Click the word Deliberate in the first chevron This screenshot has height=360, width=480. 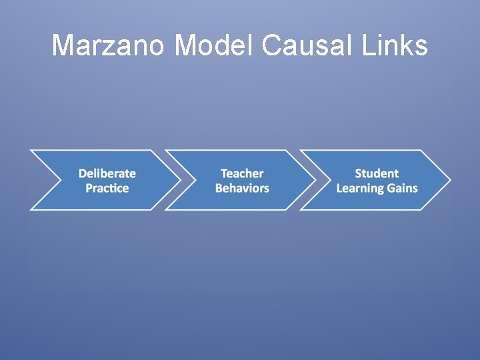pyautogui.click(x=107, y=173)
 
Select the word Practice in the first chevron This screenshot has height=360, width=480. pyautogui.click(x=107, y=188)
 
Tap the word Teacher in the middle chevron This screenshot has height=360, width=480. pyautogui.click(x=242, y=173)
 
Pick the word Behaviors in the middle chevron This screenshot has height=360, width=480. pyautogui.click(x=242, y=188)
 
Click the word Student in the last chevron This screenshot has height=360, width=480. pyautogui.click(x=377, y=173)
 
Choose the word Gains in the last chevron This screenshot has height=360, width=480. pyautogui.click(x=403, y=188)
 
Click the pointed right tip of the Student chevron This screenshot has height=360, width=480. pyautogui.click(x=450, y=180)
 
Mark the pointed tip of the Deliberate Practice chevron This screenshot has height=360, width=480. pyautogui.click(x=181, y=180)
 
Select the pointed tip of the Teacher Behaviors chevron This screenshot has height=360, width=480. pyautogui.click(x=315, y=180)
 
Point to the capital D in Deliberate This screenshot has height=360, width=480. pyautogui.click(x=83, y=173)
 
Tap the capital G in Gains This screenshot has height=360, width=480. pyautogui.click(x=392, y=188)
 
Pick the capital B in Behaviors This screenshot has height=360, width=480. pyautogui.click(x=219, y=188)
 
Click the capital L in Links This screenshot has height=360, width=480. pyautogui.click(x=369, y=45)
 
